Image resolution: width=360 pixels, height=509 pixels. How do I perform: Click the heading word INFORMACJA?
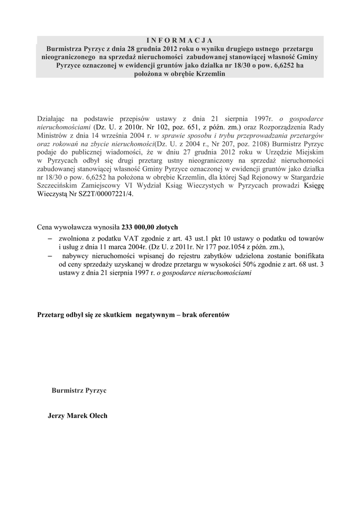tap(180, 40)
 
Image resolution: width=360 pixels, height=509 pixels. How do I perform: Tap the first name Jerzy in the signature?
tap(57, 416)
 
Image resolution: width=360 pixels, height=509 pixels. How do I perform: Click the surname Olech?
tap(96, 416)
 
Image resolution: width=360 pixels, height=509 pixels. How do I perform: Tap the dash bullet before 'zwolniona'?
tap(50, 239)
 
